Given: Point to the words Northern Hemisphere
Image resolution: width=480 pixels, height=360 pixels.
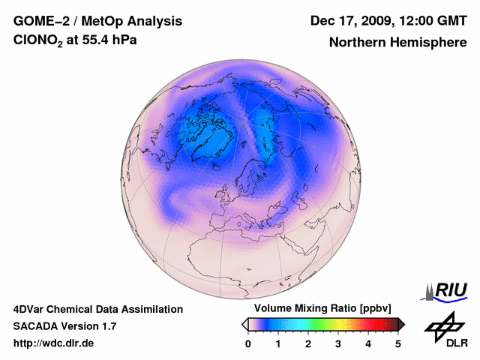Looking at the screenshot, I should click(x=397, y=43).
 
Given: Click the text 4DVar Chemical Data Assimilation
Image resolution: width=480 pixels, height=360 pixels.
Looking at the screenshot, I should click(x=97, y=309).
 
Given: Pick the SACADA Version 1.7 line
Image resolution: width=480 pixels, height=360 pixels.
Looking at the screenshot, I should click(x=64, y=326).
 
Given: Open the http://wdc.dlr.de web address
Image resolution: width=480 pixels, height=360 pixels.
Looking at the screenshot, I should click(x=54, y=343).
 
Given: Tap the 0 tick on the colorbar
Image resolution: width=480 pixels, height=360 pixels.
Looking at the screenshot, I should click(x=248, y=343).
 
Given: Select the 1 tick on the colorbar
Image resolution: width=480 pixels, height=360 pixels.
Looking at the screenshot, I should click(x=278, y=343).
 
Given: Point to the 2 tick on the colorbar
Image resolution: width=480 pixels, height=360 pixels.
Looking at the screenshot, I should click(x=308, y=343).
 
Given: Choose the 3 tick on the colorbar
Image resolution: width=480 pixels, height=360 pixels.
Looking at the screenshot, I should click(x=338, y=343).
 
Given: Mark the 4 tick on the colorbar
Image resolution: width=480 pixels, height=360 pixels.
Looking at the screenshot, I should click(x=368, y=343).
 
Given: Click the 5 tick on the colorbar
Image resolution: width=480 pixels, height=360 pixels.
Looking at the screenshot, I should click(x=398, y=343).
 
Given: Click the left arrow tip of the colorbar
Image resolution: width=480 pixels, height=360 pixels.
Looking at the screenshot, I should click(x=244, y=324).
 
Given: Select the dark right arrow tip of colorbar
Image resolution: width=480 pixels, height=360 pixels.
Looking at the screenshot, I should click(x=402, y=324).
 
